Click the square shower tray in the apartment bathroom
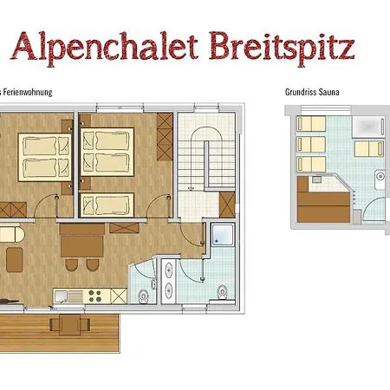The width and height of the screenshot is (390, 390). pyautogui.click(x=221, y=237)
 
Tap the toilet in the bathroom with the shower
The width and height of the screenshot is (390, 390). pyautogui.click(x=223, y=289)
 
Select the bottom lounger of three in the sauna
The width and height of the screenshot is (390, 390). pyautogui.click(x=309, y=162)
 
